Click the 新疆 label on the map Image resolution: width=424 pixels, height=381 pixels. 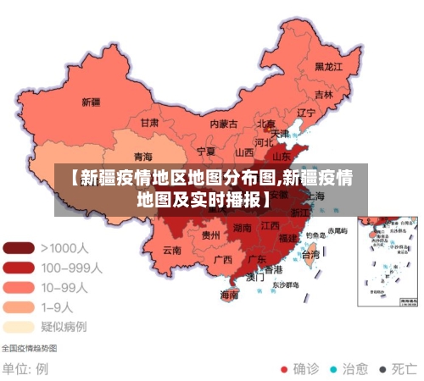[x=91, y=102]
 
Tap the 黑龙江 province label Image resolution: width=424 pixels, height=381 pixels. [x=328, y=66]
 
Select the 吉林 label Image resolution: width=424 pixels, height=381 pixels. [x=324, y=95]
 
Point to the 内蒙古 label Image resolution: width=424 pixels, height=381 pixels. [x=225, y=124]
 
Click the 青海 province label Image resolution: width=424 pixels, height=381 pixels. [x=143, y=157]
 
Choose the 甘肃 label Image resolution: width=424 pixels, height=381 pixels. [x=149, y=123]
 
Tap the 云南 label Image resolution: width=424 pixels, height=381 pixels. [x=172, y=250]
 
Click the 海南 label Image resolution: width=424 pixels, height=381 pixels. [x=230, y=295]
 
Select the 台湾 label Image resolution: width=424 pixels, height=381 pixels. [x=310, y=254]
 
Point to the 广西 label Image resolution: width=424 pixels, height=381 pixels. [x=222, y=259]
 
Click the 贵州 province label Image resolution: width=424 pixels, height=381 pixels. [x=211, y=235]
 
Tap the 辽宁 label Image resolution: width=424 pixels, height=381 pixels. [x=305, y=113]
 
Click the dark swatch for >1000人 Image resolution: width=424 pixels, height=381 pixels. [x=19, y=248]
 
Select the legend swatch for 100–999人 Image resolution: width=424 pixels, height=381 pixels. [x=19, y=268]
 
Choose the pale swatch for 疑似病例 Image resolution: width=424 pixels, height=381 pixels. [x=19, y=326]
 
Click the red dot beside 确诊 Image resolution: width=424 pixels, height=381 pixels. [x=285, y=369]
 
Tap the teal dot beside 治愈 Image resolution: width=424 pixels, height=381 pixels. [x=333, y=369]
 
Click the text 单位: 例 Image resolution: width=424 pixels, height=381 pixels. [x=25, y=369]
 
